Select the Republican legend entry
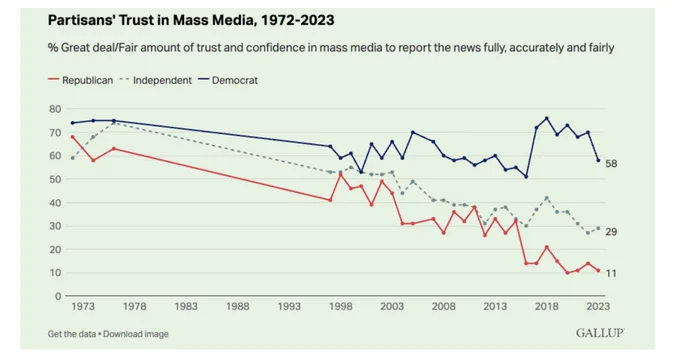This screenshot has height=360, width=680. point(80,80)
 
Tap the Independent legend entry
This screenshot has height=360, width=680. point(155,80)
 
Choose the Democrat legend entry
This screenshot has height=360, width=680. point(228,80)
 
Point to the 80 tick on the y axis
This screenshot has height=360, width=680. point(55,109)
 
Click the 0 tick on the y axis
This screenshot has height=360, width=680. point(58,296)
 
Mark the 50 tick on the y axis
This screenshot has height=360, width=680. point(55,179)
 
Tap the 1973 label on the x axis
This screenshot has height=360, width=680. point(83,307)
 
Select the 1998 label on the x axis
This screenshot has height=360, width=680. point(340,307)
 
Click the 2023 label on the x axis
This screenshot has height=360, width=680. point(598,307)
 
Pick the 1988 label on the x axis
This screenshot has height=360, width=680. point(238,307)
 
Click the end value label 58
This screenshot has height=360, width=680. point(611,164)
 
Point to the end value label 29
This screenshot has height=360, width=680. point(611,232)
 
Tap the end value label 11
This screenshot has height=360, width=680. point(611,273)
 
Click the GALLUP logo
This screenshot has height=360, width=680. point(600,333)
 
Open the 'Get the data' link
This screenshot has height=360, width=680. point(72,334)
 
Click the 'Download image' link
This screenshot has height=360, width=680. point(136,334)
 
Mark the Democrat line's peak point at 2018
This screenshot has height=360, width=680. point(546,118)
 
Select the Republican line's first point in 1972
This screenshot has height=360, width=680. point(72,137)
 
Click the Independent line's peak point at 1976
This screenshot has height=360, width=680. point(114,123)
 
